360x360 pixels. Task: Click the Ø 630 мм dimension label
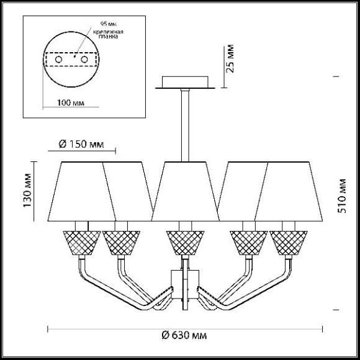[184, 335]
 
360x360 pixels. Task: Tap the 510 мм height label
[341, 196]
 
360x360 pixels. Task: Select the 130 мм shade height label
[27, 191]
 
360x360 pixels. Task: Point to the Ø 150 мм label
[81, 144]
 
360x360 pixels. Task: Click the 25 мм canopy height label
[230, 58]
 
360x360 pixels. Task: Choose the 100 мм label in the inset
[71, 102]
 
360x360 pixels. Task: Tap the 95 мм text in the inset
[109, 24]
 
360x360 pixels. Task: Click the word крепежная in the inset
[108, 32]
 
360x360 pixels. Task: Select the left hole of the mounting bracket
[58, 60]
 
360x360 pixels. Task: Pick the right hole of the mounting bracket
[84, 60]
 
